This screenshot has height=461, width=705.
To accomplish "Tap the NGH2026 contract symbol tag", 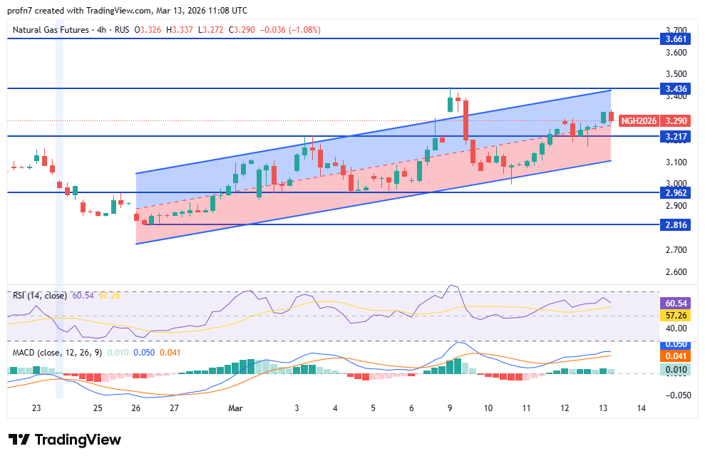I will coord(637,120).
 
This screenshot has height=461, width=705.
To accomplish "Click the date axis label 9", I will coord(450,408).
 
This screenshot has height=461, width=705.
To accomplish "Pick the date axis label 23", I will coord(36,408).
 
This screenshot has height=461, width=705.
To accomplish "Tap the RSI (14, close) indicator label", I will coord(39,295).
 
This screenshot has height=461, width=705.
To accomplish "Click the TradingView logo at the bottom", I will coord(64,440).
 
